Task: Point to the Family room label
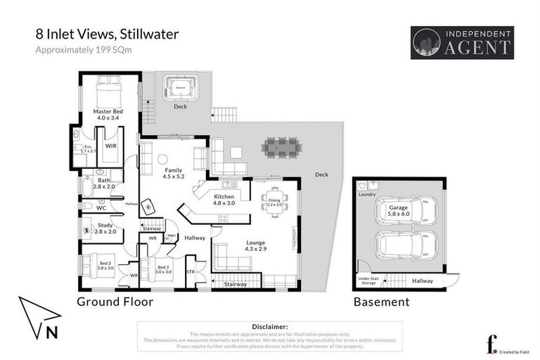[x=173, y=174]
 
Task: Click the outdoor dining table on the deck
[x=282, y=148]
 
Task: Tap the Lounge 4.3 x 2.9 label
[x=255, y=246]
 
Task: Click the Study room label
[x=95, y=228]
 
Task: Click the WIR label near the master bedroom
[x=111, y=146]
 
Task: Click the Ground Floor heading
[x=115, y=302]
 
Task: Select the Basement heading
[x=380, y=302]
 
